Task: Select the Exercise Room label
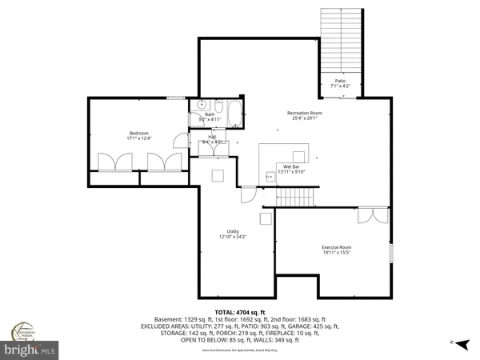[337, 247]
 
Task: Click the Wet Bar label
[291, 166]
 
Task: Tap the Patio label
[340, 81]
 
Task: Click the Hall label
[213, 137]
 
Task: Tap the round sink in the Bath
[201, 104]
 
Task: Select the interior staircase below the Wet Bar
[297, 197]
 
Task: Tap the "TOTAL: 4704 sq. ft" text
[240, 311]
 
